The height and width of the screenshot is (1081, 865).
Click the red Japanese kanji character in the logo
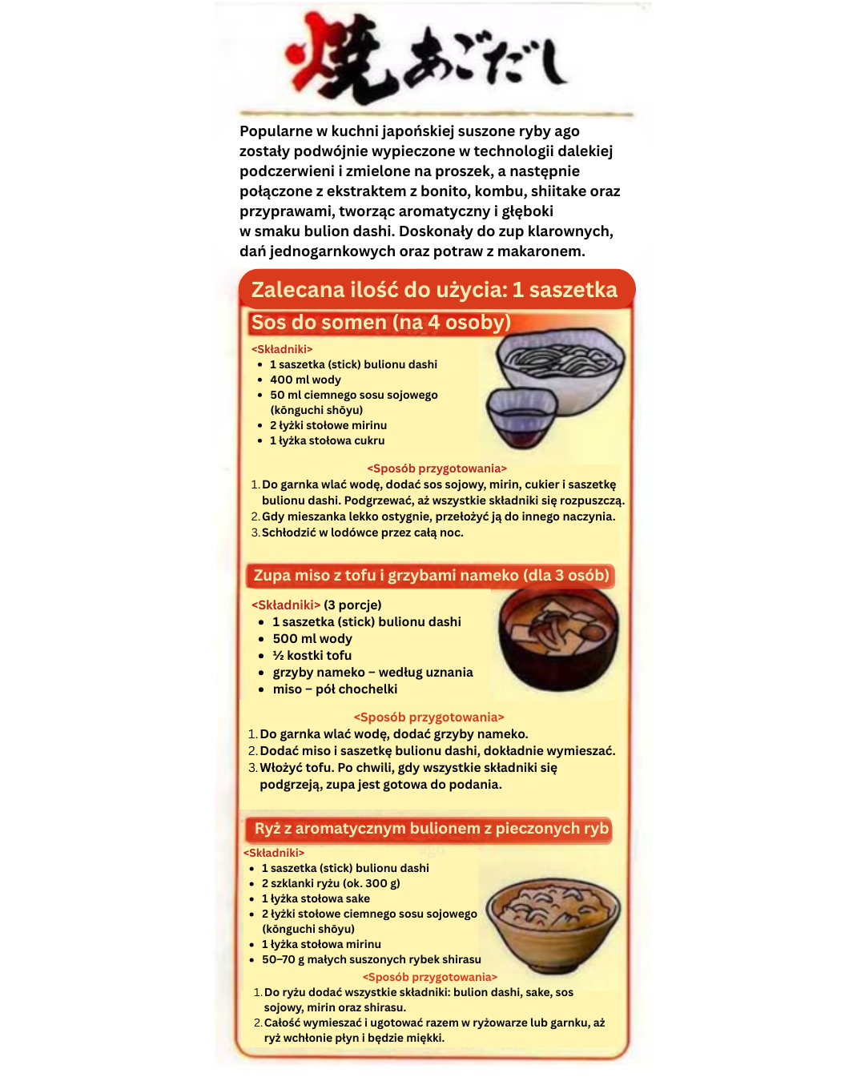pos(340,60)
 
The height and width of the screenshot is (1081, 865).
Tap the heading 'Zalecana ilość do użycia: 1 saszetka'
pos(435,290)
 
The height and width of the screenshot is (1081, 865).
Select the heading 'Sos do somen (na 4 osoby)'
pos(380,323)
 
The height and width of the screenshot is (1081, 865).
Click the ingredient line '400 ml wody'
pos(305,380)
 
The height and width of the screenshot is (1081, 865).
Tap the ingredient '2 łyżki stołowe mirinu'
pos(328,425)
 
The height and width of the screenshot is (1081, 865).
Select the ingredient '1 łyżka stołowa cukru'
pos(327,440)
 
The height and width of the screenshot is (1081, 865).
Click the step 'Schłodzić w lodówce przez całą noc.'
pos(362,532)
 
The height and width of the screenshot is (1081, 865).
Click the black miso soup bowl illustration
pos(559,636)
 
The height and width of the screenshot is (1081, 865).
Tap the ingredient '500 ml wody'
pos(312,638)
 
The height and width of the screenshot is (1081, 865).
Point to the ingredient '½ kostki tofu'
pos(312,655)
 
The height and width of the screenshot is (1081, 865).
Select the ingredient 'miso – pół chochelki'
pos(335,689)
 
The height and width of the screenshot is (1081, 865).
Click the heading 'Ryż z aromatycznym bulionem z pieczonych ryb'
pos(432,829)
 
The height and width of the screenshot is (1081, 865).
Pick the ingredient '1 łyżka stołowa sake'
pos(316,898)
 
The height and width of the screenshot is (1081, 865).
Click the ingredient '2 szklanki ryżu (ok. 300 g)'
pos(331,883)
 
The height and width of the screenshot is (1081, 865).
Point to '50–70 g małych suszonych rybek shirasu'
pos(372,959)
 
